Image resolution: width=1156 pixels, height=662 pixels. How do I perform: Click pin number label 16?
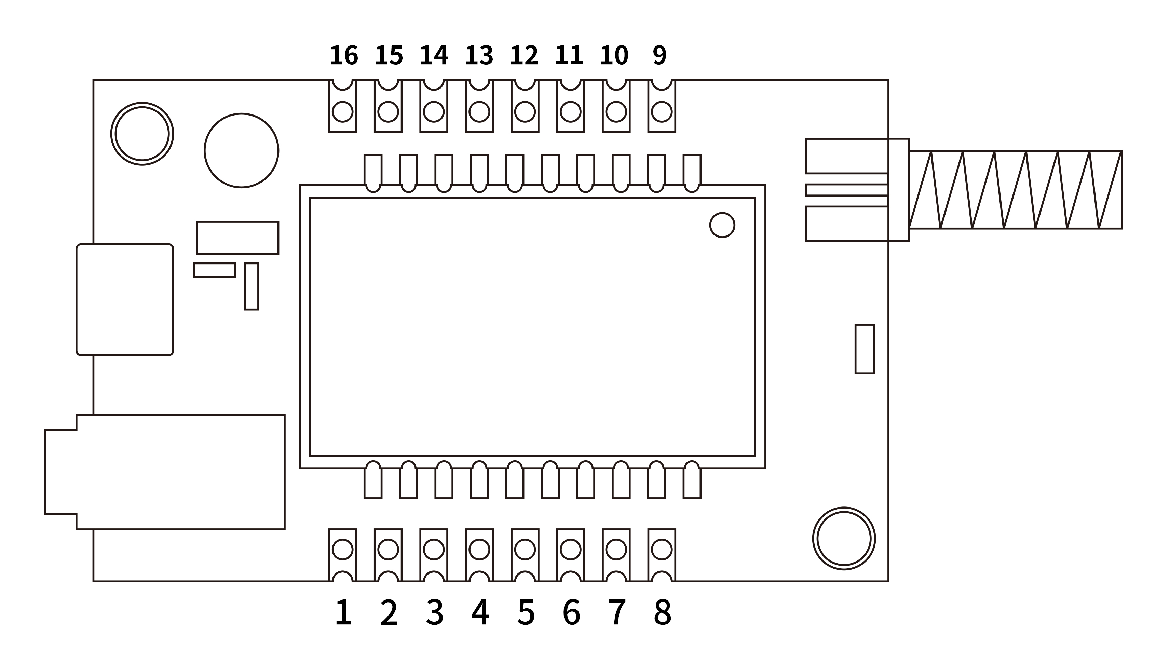(x=344, y=55)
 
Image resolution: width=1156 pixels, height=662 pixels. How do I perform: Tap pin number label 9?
(x=659, y=55)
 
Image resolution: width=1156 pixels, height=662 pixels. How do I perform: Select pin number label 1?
(x=343, y=612)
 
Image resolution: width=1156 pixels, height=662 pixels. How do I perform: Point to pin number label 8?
(x=662, y=612)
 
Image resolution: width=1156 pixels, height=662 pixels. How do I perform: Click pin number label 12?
(x=524, y=55)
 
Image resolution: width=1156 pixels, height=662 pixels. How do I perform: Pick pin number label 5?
(x=526, y=612)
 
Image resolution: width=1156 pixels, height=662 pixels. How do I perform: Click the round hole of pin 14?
(x=434, y=112)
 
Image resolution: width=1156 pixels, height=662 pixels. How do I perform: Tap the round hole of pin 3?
(x=434, y=550)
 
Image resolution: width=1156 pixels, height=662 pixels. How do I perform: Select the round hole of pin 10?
(x=616, y=112)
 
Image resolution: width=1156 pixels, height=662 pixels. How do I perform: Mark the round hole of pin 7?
(x=616, y=550)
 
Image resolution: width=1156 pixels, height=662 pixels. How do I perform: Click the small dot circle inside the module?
(x=722, y=225)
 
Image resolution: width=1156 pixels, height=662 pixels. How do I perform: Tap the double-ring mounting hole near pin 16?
(x=142, y=134)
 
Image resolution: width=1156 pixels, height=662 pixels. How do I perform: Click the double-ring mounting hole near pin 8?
(x=844, y=539)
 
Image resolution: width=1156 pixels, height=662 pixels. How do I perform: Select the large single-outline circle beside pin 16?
(x=241, y=150)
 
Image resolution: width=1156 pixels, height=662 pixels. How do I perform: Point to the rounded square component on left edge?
(x=125, y=300)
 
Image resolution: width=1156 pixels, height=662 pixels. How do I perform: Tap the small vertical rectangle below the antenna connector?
(x=865, y=349)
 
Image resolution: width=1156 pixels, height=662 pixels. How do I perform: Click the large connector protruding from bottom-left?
(x=173, y=472)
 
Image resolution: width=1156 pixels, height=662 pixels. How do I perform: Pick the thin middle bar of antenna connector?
(x=847, y=190)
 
